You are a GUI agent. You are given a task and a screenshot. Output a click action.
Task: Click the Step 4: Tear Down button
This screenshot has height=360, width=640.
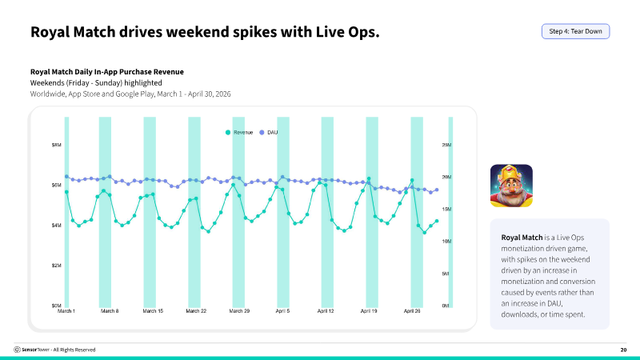coord(575,31)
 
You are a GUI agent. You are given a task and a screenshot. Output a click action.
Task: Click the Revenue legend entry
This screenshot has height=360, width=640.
coord(239,132)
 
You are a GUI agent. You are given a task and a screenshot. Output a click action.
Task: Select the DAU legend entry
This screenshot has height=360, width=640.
coord(269,132)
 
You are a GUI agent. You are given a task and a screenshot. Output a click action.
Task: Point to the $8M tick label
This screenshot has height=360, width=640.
coord(56,145)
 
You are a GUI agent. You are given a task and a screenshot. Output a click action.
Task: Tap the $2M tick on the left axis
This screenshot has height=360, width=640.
coord(56,266)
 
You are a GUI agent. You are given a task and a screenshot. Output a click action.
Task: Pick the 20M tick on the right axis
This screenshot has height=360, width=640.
coord(446,177)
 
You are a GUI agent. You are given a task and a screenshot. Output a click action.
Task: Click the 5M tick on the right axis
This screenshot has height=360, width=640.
coord(446,274)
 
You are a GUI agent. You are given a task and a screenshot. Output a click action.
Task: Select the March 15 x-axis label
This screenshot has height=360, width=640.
coord(153,311)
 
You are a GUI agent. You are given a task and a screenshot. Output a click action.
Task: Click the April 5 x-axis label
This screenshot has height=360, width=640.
coord(282,311)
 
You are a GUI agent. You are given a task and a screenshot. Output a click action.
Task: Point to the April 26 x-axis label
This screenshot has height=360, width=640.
coord(412,311)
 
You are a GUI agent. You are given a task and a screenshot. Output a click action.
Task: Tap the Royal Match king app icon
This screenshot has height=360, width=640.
coord(511,186)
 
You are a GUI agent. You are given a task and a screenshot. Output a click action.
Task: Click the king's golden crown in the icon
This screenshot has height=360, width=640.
coord(511,173)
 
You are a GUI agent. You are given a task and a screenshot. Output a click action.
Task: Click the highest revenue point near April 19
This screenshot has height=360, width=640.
coord(369,178)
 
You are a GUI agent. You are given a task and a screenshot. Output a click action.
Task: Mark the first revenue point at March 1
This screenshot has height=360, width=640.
coord(66,192)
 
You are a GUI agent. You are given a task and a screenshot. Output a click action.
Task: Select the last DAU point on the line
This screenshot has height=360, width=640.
coord(437,190)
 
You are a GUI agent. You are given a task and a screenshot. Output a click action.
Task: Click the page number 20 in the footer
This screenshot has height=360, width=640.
coord(623,350)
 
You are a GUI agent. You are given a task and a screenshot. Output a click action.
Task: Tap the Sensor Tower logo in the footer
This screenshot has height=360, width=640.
coord(17,350)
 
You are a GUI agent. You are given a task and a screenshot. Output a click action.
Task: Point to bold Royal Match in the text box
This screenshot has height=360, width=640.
coord(522,238)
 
